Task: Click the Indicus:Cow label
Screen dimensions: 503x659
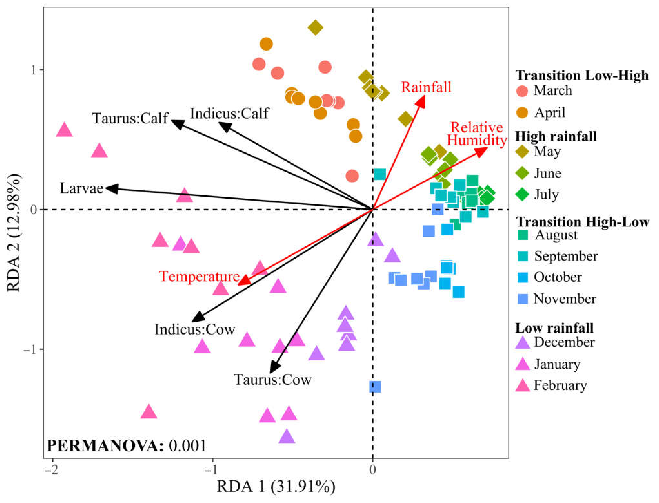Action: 195,329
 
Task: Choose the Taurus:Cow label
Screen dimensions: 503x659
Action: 272,380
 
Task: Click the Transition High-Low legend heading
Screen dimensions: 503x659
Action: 583,222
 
